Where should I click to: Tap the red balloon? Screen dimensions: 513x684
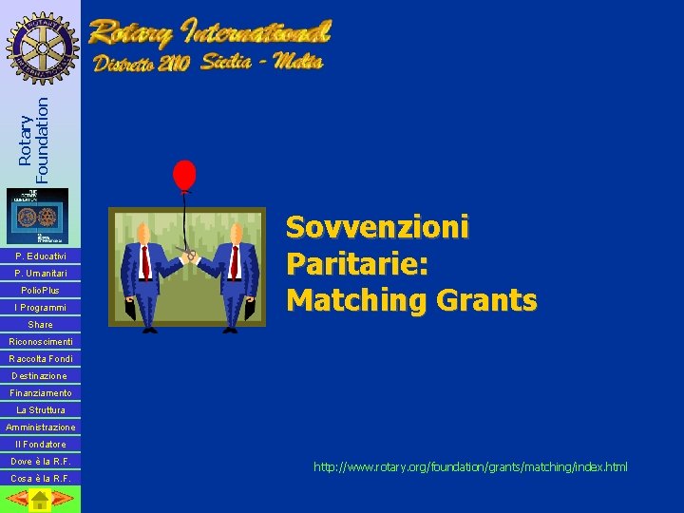(x=183, y=175)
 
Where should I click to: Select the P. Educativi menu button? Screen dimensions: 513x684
(x=40, y=256)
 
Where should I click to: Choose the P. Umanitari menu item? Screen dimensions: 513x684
(x=40, y=274)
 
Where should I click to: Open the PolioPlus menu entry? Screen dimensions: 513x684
(x=40, y=291)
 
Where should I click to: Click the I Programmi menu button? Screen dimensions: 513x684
(x=40, y=308)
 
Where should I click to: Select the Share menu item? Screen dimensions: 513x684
(x=40, y=325)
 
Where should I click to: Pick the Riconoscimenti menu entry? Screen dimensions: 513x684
(x=40, y=342)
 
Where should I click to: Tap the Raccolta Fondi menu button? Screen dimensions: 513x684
(x=40, y=359)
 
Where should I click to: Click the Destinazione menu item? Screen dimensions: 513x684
(x=40, y=376)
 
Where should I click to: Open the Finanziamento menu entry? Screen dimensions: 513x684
(x=40, y=393)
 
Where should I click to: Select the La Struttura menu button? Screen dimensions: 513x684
(x=40, y=410)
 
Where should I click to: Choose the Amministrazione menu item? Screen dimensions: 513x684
(x=40, y=427)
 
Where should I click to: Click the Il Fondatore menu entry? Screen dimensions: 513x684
(x=40, y=445)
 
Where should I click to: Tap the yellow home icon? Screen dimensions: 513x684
(x=39, y=500)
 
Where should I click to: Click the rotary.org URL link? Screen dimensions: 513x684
(x=470, y=467)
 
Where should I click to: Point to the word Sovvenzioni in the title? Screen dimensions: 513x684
(x=377, y=228)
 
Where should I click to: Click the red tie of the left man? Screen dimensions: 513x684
(x=145, y=260)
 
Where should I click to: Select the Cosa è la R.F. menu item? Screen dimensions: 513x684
(x=40, y=479)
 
